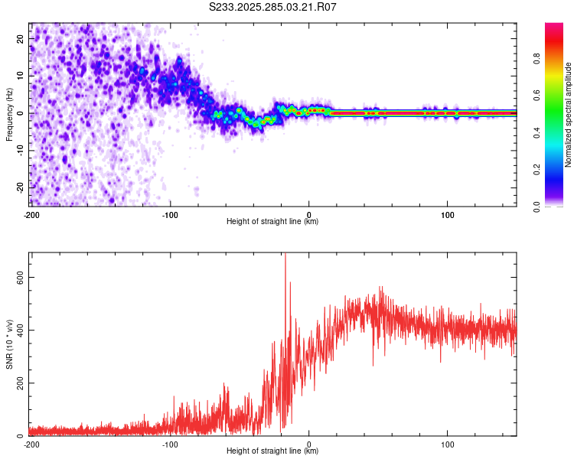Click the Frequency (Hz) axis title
click(9, 113)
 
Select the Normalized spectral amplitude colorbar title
click(568, 115)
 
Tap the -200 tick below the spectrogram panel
click(31, 214)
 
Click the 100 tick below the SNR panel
click(448, 444)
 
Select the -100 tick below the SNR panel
click(170, 444)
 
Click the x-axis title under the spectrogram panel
click(272, 222)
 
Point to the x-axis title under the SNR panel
click(272, 451)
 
